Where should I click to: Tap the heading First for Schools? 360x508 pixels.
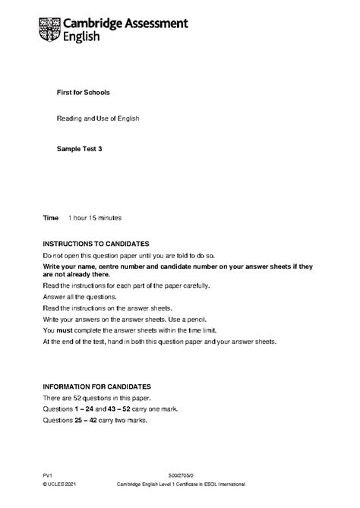tap(84, 93)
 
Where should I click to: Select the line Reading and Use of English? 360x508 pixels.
tap(98, 119)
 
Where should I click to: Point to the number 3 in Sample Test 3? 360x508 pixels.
tap(99, 150)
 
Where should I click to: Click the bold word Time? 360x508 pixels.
tap(51, 218)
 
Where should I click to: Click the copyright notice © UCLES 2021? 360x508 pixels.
tap(61, 484)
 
